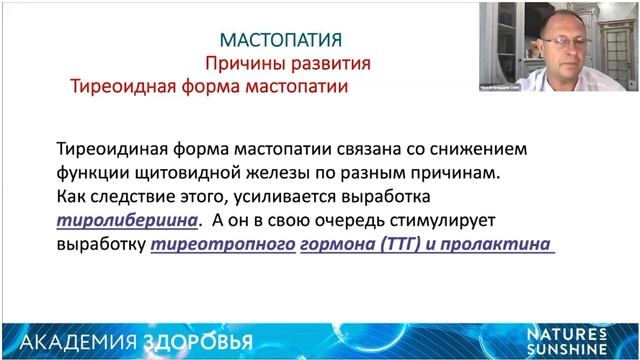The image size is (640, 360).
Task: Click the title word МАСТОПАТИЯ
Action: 281,40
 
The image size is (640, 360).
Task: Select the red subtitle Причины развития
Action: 288,63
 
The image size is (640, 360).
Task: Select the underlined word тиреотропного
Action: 223,243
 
